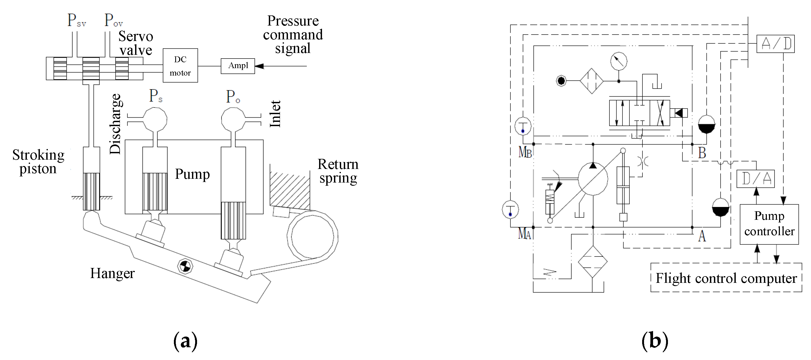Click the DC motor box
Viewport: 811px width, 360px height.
point(180,65)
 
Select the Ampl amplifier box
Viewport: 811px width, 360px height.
point(238,66)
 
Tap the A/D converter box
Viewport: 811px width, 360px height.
point(775,44)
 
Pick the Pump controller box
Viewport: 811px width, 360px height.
point(769,224)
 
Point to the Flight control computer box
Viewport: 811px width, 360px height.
point(726,278)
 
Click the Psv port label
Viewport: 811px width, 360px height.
point(77,20)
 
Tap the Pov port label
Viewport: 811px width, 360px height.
point(113,20)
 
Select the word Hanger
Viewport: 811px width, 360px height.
point(112,273)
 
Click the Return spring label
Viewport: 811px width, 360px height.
point(338,171)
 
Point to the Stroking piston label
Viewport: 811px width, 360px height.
point(38,162)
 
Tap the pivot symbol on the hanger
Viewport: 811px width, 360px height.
point(185,266)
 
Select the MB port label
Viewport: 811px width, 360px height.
point(525,152)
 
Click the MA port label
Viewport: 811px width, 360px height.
point(525,234)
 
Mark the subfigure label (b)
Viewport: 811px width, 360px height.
point(655,341)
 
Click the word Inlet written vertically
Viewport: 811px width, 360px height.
point(275,114)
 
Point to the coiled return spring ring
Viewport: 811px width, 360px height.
point(312,236)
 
